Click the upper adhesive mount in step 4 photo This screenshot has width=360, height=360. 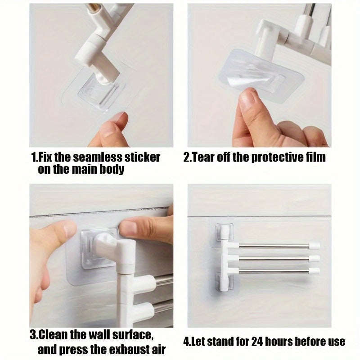click(224, 233)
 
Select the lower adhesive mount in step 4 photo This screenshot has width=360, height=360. click(224, 283)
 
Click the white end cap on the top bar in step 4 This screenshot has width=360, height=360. click(314, 246)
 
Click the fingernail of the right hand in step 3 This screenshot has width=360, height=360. click(128, 228)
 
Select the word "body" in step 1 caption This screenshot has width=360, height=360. click(112, 171)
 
